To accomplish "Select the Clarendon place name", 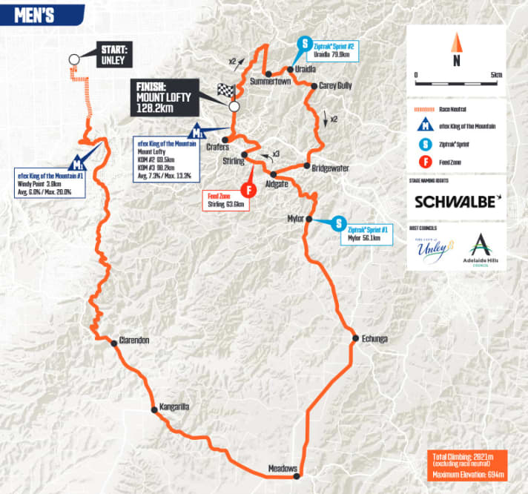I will (x=135, y=340).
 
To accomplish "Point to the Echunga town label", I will (x=375, y=339).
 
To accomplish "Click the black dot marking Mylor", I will (x=306, y=219).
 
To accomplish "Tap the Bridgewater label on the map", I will (x=331, y=168).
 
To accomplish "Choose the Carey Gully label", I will (x=335, y=86).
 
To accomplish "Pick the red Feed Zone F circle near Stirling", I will (x=251, y=189).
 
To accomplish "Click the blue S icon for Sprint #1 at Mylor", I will (x=339, y=223).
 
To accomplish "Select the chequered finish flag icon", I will (x=225, y=91).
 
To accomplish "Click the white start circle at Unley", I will (x=74, y=59).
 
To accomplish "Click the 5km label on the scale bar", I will (x=497, y=75).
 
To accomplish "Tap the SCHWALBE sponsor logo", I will (x=457, y=201).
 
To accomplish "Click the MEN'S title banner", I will (x=33, y=16).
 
